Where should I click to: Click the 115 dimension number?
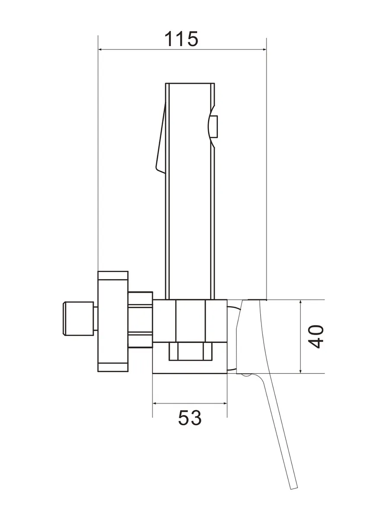click(181, 39)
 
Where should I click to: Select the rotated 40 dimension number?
click(316, 336)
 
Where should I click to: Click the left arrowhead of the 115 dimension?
click(100, 49)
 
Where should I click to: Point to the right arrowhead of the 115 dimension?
click(264, 49)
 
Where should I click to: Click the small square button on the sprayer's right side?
click(215, 126)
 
